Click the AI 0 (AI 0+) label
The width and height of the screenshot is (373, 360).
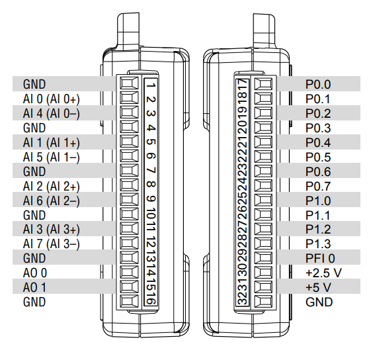[51, 99]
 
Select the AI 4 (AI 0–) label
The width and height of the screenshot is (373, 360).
[51, 113]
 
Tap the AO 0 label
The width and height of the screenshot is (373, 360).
[35, 273]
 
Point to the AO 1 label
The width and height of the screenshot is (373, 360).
[34, 287]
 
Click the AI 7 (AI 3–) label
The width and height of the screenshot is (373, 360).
[51, 244]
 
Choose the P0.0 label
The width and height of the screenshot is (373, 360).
[318, 85]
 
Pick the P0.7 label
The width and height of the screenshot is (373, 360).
[318, 186]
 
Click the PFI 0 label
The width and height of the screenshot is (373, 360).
[320, 258]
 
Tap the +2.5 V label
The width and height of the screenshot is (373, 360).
[323, 273]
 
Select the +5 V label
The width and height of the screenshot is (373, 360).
[318, 287]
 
